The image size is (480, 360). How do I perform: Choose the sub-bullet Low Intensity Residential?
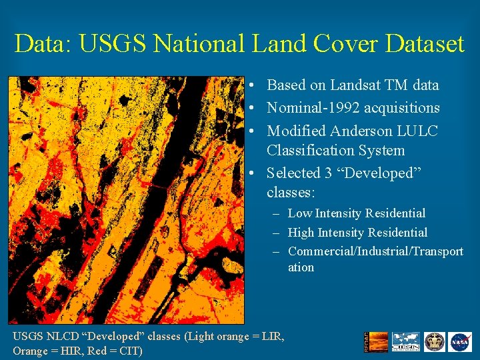(x=356, y=213)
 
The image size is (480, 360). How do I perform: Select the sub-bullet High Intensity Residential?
(x=357, y=233)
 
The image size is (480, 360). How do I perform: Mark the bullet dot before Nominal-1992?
(x=247, y=108)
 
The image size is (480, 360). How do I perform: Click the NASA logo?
(x=459, y=342)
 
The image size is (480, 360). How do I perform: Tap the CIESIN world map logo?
(x=405, y=342)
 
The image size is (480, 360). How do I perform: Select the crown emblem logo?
(x=435, y=342)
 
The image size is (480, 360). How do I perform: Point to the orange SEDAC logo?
(x=371, y=342)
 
